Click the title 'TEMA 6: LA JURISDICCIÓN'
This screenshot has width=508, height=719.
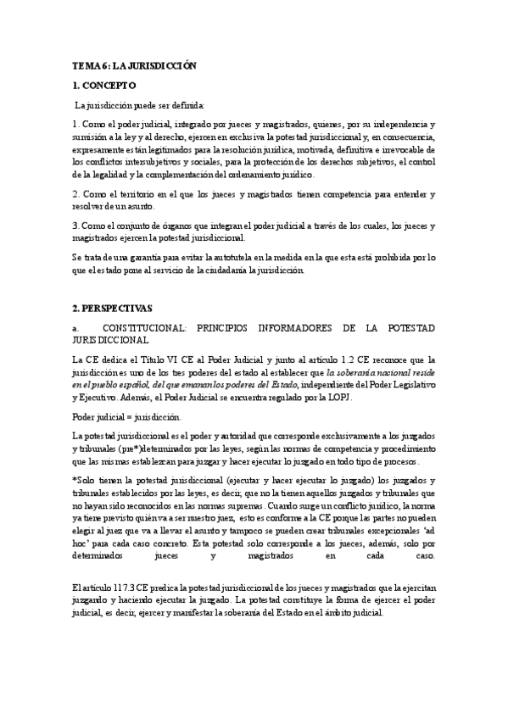coord(134,65)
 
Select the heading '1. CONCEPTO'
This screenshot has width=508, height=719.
coord(104,86)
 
